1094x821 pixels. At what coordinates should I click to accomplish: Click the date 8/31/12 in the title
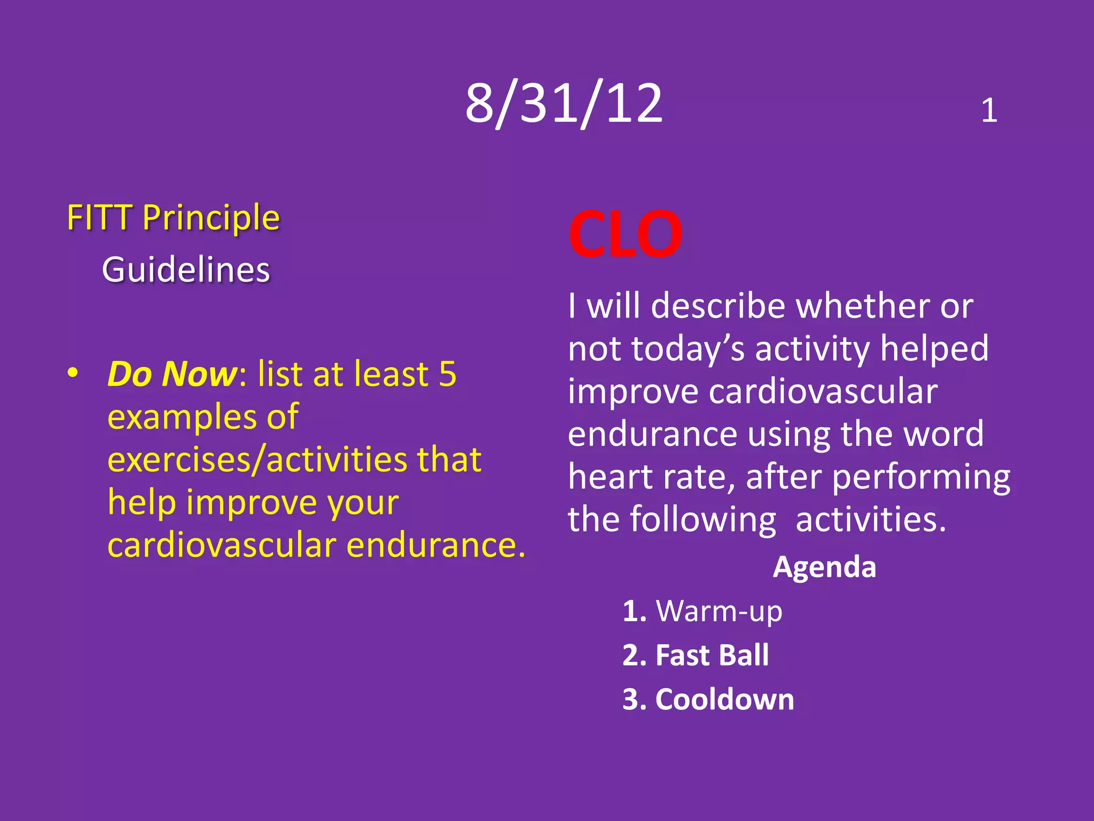click(564, 104)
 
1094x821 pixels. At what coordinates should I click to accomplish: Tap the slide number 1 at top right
click(989, 111)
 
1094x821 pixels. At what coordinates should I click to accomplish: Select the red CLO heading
click(625, 234)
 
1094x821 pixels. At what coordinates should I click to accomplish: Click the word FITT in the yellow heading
click(99, 218)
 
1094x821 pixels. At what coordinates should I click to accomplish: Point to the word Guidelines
click(186, 269)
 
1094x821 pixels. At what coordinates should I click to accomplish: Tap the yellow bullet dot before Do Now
click(73, 373)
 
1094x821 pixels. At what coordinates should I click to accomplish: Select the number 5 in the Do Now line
click(448, 374)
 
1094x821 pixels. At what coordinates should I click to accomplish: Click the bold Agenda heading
click(824, 567)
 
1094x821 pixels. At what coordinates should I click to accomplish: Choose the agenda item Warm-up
click(718, 611)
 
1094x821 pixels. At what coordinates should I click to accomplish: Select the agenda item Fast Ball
click(712, 655)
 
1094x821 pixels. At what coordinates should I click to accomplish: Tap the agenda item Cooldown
click(724, 700)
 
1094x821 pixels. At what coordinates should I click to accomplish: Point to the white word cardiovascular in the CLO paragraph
click(823, 392)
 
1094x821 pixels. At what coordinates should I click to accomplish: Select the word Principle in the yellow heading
click(211, 218)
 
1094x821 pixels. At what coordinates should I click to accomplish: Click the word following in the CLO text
click(703, 520)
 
